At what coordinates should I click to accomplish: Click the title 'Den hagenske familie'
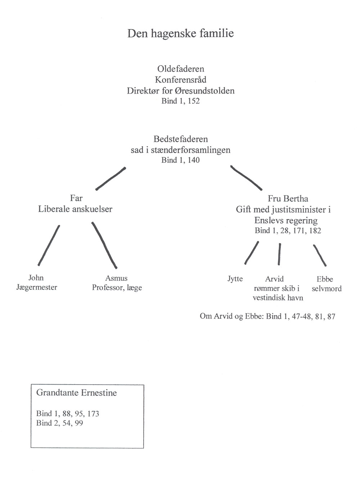tap(181, 34)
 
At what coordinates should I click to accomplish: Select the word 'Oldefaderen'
tap(181, 69)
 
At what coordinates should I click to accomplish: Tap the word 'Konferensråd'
tap(181, 80)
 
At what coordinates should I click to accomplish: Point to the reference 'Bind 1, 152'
tap(181, 101)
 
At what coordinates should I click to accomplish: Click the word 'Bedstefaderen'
tap(181, 139)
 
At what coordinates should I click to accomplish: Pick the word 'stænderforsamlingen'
tap(190, 151)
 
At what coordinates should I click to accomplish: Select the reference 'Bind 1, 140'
tap(181, 160)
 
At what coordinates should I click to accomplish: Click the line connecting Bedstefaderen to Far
tap(111, 179)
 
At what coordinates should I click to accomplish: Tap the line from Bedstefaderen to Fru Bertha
tap(246, 178)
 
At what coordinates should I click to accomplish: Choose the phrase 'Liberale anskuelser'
tap(75, 209)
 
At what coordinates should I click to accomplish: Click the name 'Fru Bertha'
tap(288, 198)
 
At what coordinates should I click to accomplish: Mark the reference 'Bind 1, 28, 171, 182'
tap(288, 231)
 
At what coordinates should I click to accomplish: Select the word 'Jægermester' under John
tap(37, 287)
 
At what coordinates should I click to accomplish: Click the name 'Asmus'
tap(116, 278)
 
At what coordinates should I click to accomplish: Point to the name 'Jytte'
tap(235, 279)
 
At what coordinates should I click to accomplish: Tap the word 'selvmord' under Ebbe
tap(327, 289)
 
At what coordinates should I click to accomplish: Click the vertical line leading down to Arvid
tap(279, 254)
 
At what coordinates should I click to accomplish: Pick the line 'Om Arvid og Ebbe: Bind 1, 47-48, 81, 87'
tap(267, 317)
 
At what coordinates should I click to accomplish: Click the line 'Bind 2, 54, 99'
tap(60, 423)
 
